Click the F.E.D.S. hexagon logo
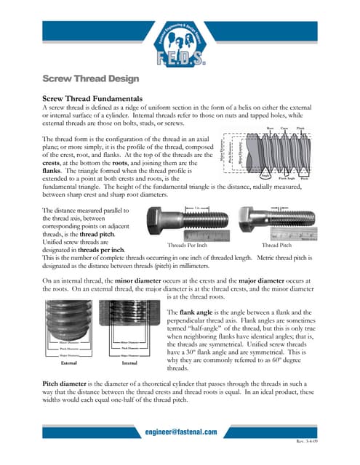coord(180,33)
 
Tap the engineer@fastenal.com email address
coord(180,432)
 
